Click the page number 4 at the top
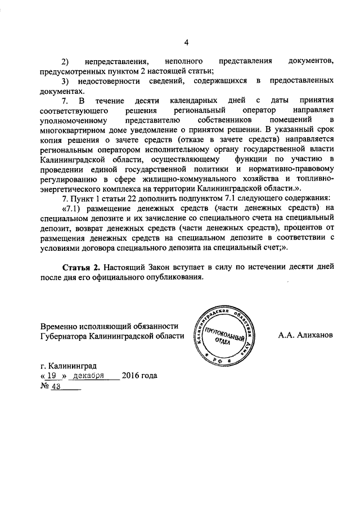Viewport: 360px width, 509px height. tap(186, 41)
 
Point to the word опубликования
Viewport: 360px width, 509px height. tap(171, 277)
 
